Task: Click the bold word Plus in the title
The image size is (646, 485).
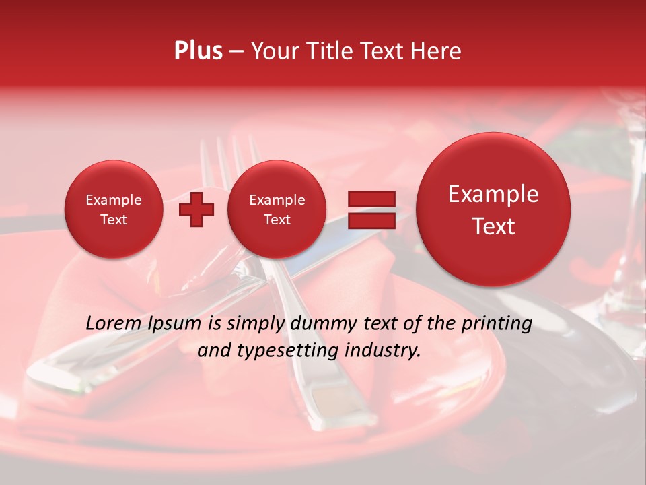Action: [x=198, y=51]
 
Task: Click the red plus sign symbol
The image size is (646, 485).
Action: [x=196, y=209]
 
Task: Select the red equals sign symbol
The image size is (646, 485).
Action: [x=371, y=209]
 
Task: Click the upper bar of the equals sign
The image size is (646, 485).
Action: [x=371, y=199]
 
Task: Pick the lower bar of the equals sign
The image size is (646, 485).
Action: [x=371, y=220]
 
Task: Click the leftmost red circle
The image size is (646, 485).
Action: [x=113, y=209]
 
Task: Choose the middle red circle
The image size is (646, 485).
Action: [x=277, y=209]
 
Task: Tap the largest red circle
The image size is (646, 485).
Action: [x=493, y=209]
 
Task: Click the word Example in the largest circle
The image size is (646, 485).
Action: [x=493, y=194]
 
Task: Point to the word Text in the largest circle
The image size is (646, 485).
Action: [x=493, y=226]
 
